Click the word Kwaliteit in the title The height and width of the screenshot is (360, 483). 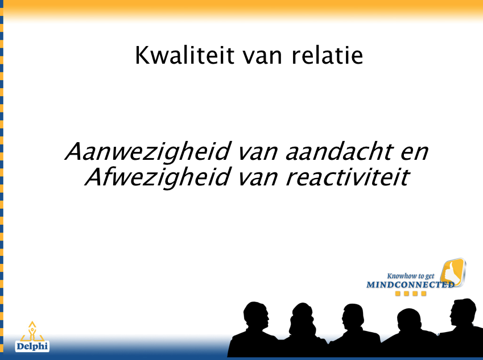click(x=184, y=55)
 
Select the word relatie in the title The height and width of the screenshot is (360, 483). click(x=327, y=55)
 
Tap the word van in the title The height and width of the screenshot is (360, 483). click(x=262, y=57)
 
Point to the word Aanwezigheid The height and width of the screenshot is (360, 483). click(x=147, y=152)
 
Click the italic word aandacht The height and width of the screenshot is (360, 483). click(x=340, y=151)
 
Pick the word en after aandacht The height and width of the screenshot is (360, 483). click(x=415, y=154)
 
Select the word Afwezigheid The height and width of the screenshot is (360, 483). click(x=158, y=177)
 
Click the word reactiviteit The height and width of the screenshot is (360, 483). click(x=348, y=177)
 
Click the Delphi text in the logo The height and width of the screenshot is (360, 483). click(x=32, y=346)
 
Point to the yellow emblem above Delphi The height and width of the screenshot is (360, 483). click(x=32, y=332)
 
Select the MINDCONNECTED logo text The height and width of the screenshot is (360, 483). click(x=410, y=285)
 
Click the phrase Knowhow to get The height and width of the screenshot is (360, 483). click(x=411, y=276)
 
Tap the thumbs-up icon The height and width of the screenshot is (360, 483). click(x=453, y=273)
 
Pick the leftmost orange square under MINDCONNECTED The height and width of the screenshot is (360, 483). click(x=398, y=294)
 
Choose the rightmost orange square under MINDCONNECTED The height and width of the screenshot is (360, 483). click(x=424, y=294)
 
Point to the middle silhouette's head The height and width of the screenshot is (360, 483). click(x=353, y=317)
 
